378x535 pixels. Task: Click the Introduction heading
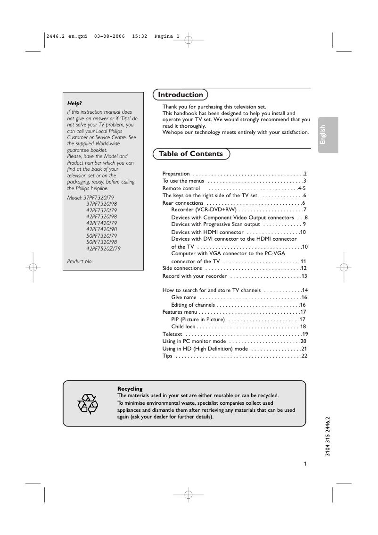[181, 95]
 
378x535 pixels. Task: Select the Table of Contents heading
[191, 154]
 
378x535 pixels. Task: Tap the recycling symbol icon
[87, 404]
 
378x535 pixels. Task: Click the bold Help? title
[75, 103]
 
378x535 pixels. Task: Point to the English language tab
[323, 134]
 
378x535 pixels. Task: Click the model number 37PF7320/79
[99, 198]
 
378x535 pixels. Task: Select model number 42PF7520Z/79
[103, 248]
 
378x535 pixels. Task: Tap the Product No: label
[80, 261]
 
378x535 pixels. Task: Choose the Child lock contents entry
[183, 326]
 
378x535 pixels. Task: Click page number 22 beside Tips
[304, 356]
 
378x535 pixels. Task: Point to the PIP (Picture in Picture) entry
[197, 319]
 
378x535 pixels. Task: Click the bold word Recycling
[130, 389]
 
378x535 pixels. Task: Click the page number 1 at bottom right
[305, 464]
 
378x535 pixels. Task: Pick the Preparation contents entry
[176, 174]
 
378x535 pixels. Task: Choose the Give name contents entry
[183, 298]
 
